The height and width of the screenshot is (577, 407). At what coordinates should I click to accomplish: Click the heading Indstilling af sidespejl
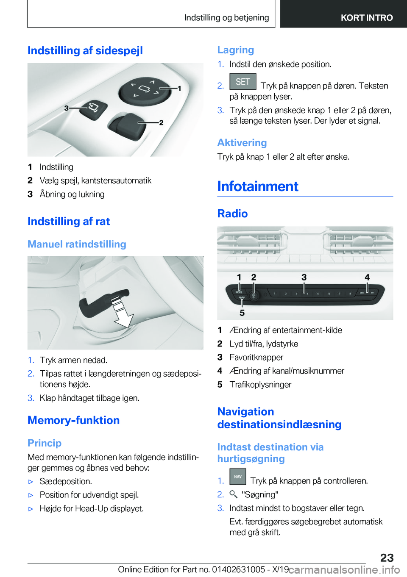tap(85, 50)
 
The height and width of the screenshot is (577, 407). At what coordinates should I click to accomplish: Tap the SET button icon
tap(243, 82)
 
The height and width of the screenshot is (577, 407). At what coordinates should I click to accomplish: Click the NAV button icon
tap(238, 477)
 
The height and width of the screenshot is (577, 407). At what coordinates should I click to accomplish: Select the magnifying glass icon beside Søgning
tap(234, 494)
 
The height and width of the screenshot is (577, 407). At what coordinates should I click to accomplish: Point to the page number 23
tap(387, 558)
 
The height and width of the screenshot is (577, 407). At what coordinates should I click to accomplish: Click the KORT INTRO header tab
tap(367, 18)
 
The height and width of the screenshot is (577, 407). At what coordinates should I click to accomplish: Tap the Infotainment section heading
tap(258, 186)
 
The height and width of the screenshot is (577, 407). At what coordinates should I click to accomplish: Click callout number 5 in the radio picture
tap(242, 313)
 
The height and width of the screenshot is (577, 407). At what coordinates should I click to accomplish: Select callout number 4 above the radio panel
tap(367, 277)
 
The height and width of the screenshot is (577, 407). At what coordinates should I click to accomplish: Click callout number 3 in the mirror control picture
tap(66, 108)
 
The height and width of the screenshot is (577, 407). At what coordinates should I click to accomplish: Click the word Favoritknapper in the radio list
tap(256, 358)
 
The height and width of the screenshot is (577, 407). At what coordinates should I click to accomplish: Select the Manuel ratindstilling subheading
tap(77, 244)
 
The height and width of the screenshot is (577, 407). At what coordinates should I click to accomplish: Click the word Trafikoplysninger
tap(260, 385)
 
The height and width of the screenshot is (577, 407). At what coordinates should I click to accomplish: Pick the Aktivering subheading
tap(242, 143)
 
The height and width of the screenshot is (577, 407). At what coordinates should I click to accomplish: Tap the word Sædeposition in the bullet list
tap(65, 482)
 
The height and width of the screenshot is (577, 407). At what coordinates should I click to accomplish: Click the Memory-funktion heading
tap(73, 420)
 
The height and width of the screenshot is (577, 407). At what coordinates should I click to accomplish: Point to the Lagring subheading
tap(235, 50)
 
